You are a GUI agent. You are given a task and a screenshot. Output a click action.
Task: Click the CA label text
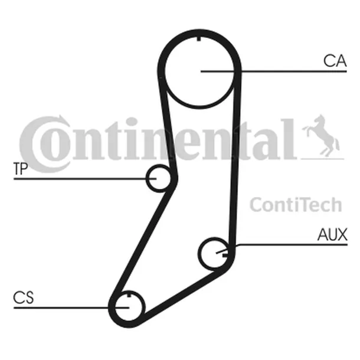click(x=335, y=61)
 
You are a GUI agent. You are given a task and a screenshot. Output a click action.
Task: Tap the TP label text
click(x=21, y=169)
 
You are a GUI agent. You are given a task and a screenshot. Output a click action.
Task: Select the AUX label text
click(x=332, y=234)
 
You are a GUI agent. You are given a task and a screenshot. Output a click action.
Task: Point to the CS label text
click(x=24, y=297)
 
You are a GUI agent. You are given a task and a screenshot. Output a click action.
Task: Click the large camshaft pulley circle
click(x=199, y=71)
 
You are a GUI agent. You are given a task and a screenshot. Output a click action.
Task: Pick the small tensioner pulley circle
click(x=158, y=178)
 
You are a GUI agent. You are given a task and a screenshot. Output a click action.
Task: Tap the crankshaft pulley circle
click(x=129, y=307)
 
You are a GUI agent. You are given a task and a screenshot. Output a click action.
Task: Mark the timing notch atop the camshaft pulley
click(x=199, y=39)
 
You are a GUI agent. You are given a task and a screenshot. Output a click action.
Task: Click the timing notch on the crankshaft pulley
click(x=129, y=294)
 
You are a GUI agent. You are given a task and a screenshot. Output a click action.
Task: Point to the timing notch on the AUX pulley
click(x=225, y=254)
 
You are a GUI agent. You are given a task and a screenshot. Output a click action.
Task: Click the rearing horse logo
click(x=322, y=136)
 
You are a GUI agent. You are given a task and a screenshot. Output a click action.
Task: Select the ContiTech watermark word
click(x=296, y=204)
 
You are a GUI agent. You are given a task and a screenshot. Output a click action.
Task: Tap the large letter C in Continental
click(x=44, y=144)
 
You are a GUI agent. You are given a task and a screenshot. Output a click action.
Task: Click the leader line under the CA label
click(x=274, y=71)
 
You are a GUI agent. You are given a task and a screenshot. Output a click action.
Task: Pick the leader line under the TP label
click(x=85, y=179)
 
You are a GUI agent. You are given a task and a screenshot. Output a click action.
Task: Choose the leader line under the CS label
click(x=71, y=307)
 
